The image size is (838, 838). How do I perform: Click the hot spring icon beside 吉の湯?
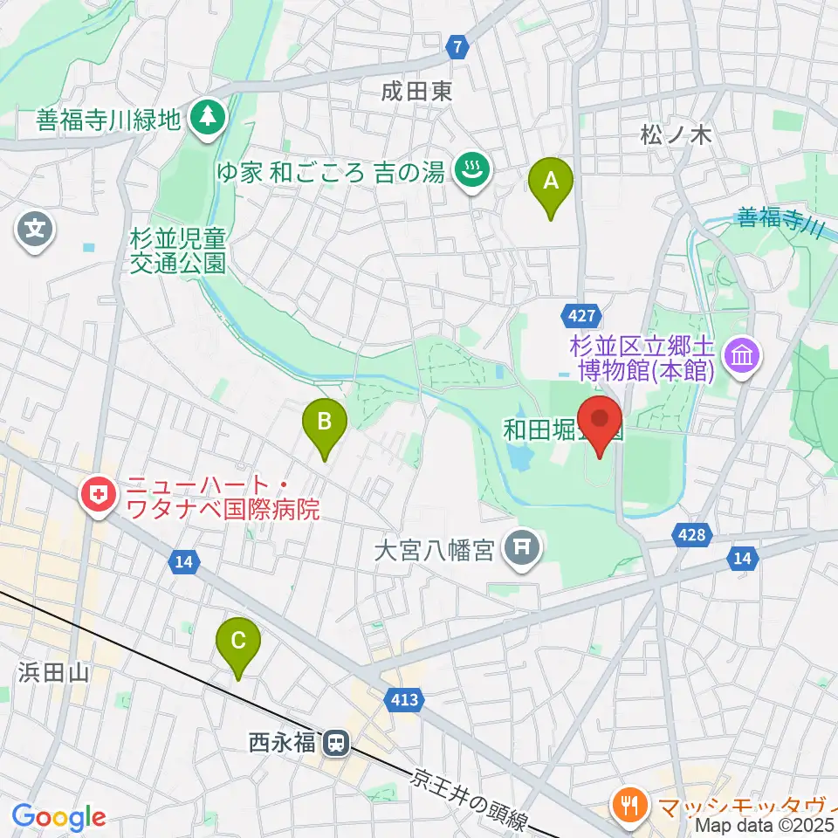point(472,168)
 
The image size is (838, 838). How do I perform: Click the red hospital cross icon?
point(96,496)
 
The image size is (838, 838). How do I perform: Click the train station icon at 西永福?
point(334,744)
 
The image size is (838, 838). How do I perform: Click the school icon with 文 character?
point(35,231)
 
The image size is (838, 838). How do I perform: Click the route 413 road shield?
point(406,698)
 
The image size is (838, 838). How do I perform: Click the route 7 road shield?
point(457,45)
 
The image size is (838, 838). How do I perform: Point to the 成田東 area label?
point(416,91)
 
